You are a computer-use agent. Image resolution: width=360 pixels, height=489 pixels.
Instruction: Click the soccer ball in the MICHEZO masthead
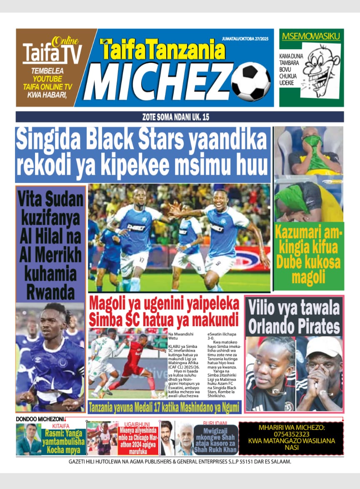(x=251, y=82)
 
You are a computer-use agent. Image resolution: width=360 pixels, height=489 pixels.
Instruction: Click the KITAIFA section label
(x=61, y=426)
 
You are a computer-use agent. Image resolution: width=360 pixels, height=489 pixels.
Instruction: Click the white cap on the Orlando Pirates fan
(x=318, y=346)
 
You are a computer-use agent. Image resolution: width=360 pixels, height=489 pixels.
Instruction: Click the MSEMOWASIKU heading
(x=311, y=36)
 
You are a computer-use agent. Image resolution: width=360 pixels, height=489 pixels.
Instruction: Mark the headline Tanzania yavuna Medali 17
(x=164, y=406)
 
